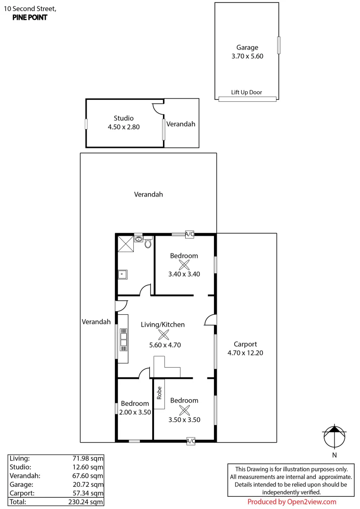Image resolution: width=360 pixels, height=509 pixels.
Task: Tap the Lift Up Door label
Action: click(x=246, y=92)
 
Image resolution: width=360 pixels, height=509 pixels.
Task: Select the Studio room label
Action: click(x=123, y=118)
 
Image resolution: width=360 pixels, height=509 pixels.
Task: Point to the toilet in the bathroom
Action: click(x=148, y=243)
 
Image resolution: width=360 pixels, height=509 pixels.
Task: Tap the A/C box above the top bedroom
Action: click(x=190, y=234)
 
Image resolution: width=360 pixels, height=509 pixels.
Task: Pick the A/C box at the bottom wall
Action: click(x=191, y=441)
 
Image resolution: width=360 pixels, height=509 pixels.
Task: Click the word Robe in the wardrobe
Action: click(x=159, y=393)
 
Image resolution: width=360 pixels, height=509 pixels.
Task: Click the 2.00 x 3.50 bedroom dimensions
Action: click(x=135, y=412)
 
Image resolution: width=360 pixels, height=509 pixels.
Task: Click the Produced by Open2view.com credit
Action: click(x=292, y=502)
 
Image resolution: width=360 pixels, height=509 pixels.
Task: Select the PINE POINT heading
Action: click(x=30, y=17)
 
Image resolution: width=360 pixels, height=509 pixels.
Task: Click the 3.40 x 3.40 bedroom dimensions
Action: click(x=184, y=273)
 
